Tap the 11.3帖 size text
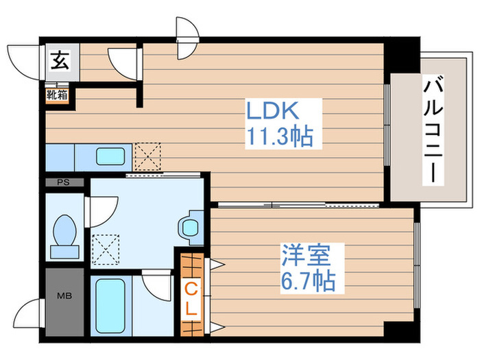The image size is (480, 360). click(278, 137)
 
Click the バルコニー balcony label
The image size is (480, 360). click(432, 130)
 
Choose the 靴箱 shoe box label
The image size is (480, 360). click(57, 94)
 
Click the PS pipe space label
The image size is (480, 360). click(63, 183)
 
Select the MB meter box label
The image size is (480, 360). click(63, 297)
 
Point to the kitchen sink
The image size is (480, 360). click(109, 156)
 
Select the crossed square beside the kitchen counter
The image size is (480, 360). click(147, 156)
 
